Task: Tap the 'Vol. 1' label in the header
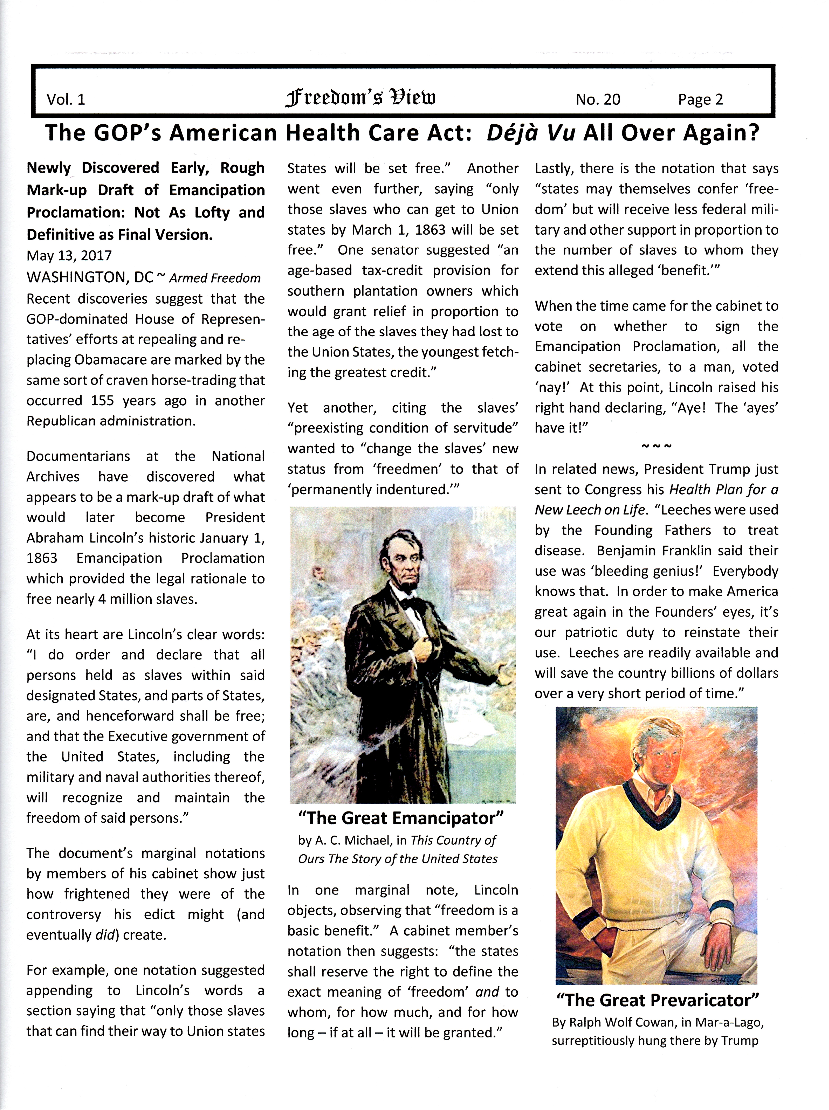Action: point(66,99)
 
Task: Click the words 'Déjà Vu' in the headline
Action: point(530,133)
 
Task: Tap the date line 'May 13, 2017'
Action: point(69,256)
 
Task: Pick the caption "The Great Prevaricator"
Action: point(657,1000)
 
